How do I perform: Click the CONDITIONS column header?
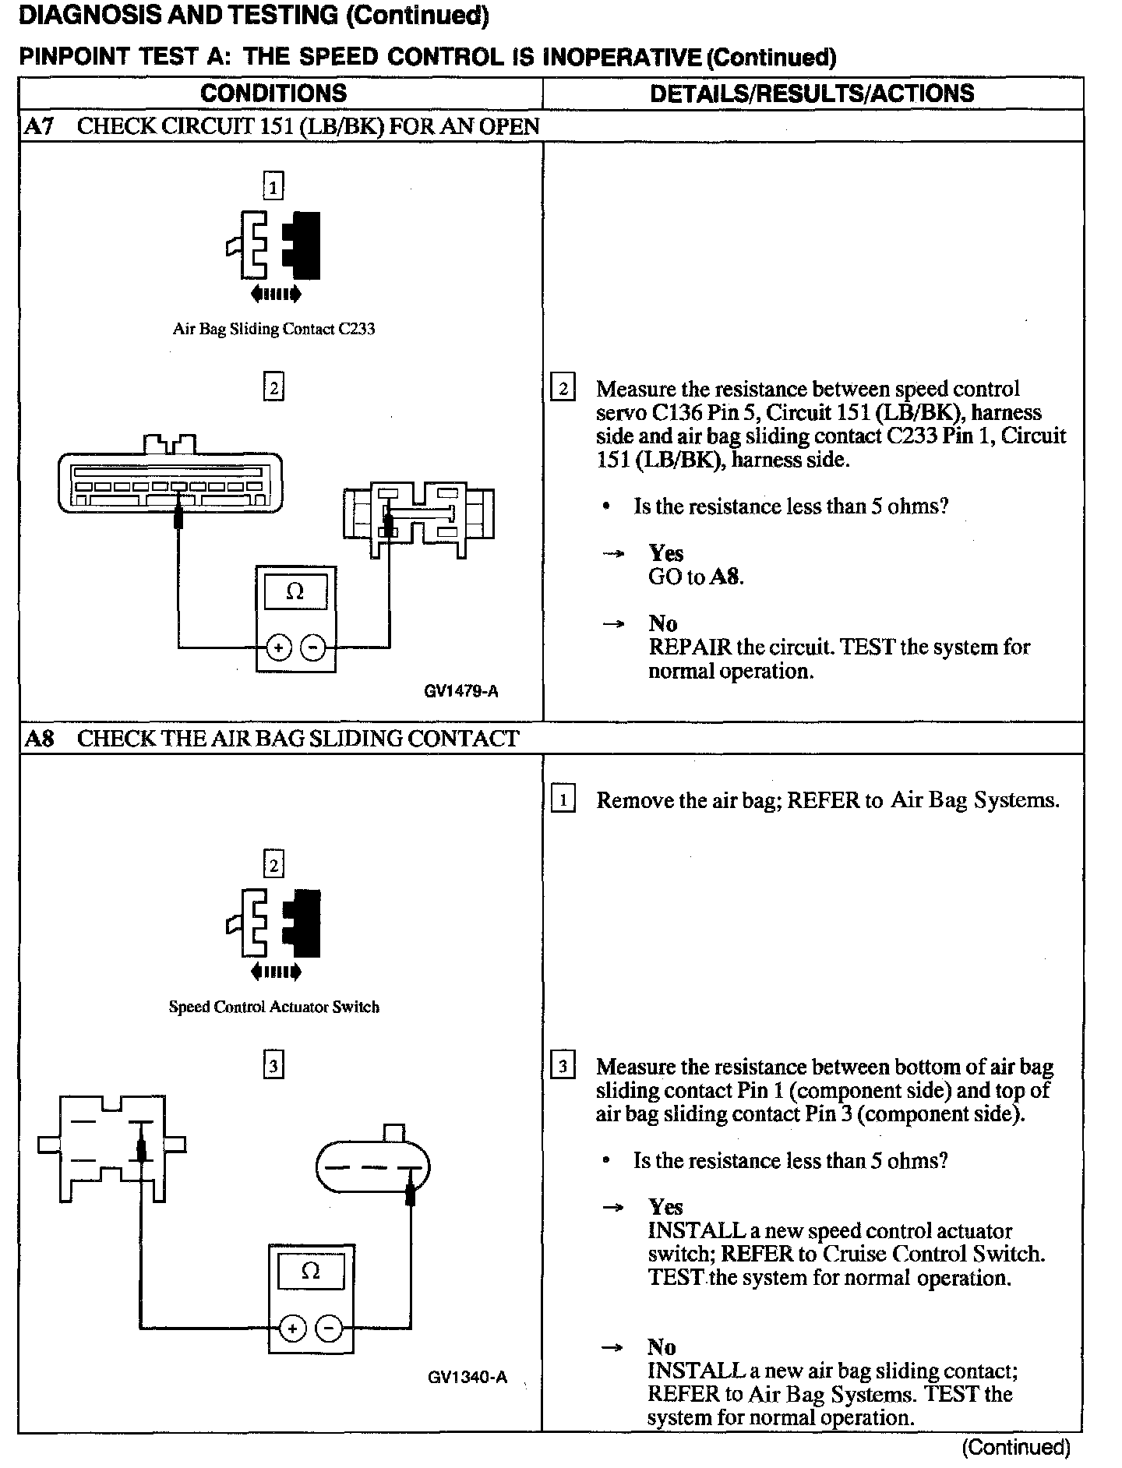[273, 94]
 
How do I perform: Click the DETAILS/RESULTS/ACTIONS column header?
[811, 94]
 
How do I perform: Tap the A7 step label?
[39, 126]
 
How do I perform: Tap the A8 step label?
[39, 738]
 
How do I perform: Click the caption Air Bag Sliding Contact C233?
[273, 329]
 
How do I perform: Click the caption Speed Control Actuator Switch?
[273, 1007]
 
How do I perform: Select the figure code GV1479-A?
[461, 690]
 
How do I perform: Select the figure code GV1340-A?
[467, 1377]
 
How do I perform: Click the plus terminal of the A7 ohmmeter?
[278, 648]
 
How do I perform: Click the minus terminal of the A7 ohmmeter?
[313, 648]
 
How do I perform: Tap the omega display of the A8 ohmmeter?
[310, 1272]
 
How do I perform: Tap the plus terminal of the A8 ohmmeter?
[292, 1329]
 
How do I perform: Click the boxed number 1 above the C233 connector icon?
[273, 186]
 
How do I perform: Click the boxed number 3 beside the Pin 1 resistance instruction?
[563, 1065]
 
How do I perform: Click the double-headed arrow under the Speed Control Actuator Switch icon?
[275, 972]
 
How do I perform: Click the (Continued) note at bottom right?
[1016, 1447]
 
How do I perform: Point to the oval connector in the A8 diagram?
[372, 1167]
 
